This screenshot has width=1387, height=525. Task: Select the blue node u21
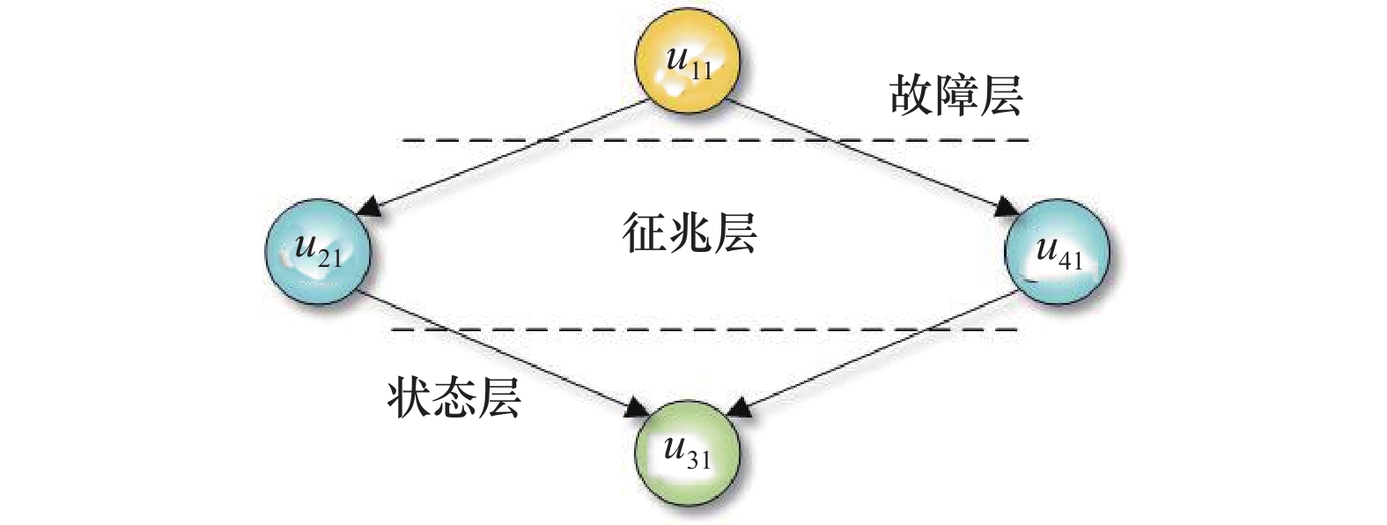pyautogui.click(x=318, y=252)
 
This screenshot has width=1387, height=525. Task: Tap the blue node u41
pyautogui.click(x=1057, y=254)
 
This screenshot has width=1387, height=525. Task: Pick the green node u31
pyautogui.click(x=686, y=451)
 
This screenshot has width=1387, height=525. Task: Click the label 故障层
pyautogui.click(x=955, y=95)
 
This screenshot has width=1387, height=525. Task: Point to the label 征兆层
pyautogui.click(x=690, y=234)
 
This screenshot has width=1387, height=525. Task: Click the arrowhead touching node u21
pyautogui.click(x=371, y=208)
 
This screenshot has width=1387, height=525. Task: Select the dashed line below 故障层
pyautogui.click(x=713, y=140)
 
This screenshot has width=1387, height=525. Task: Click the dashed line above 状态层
pyautogui.click(x=705, y=329)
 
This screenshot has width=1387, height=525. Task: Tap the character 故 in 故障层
pyautogui.click(x=911, y=95)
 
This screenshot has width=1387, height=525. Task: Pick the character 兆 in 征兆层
pyautogui.click(x=690, y=234)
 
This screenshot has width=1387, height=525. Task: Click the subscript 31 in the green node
pyautogui.click(x=698, y=459)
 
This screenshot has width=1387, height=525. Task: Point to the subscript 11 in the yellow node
pyautogui.click(x=701, y=70)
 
